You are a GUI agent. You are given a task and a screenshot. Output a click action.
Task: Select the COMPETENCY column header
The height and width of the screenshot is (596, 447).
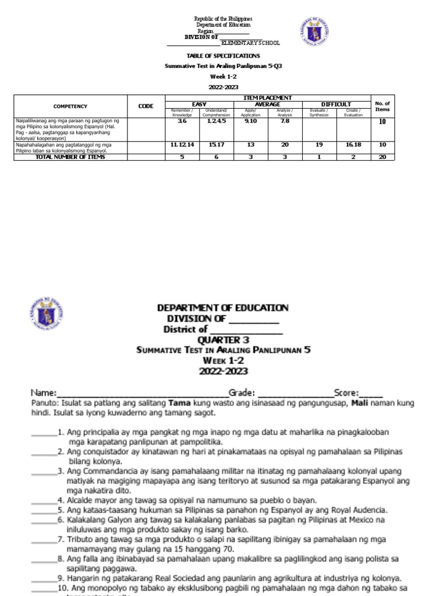pos(70,107)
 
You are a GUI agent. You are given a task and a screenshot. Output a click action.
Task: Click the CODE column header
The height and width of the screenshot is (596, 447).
pos(146,107)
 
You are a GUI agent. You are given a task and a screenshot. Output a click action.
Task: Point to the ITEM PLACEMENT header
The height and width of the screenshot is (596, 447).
pos(267,97)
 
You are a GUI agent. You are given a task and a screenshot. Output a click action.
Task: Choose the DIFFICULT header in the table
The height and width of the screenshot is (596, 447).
pos(336,104)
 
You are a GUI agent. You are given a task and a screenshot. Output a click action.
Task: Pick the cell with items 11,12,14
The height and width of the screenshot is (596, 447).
pos(182,144)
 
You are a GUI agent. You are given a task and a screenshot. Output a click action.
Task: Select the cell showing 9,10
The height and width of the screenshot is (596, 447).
pos(249,121)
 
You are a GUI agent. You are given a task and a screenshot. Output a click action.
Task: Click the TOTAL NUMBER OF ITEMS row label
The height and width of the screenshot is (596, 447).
pos(70,157)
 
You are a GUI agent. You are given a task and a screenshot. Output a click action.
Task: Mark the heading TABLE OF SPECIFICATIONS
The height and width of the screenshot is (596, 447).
pos(215,56)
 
